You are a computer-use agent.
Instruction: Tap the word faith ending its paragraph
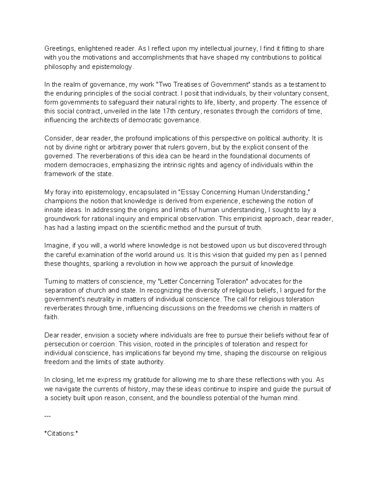(x=51, y=317)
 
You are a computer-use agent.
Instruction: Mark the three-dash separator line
(x=47, y=416)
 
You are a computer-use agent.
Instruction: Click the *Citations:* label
(x=61, y=434)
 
